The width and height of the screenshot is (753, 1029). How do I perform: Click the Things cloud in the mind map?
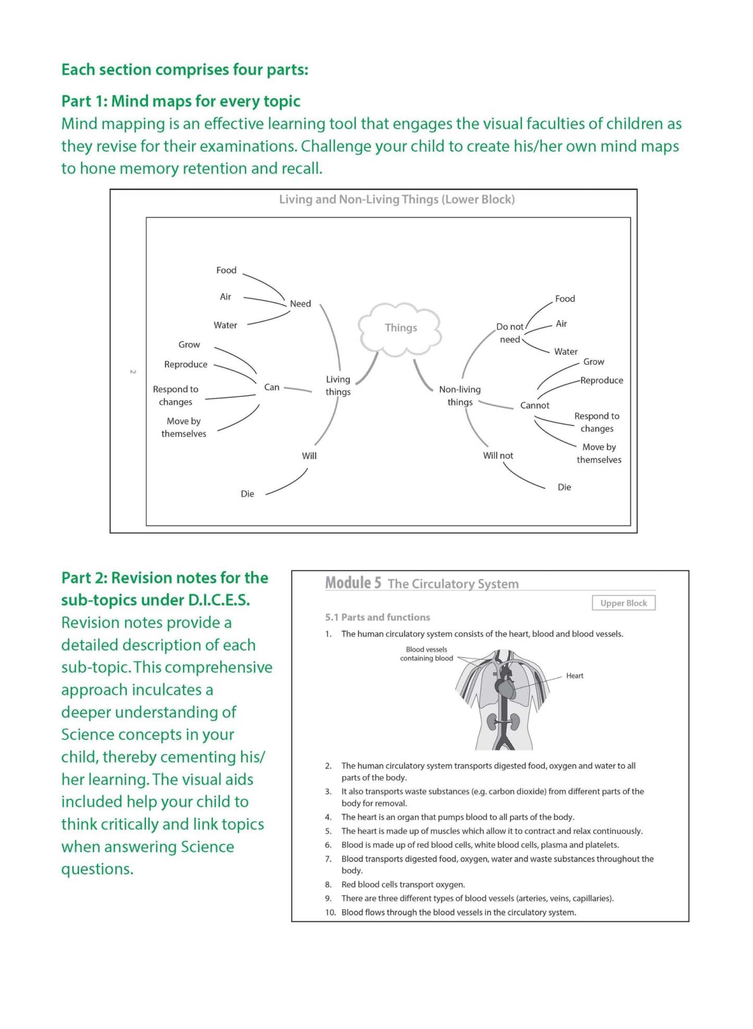[400, 328]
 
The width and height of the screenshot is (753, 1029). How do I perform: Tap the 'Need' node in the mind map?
[300, 304]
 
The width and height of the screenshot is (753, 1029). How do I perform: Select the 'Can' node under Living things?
[271, 387]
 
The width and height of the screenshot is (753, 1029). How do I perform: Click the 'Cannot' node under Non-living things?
[535, 405]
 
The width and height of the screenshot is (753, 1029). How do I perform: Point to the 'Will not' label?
[498, 455]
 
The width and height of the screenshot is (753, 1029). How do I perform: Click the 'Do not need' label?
[510, 333]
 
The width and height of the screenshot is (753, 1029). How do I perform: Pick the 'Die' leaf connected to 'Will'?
[248, 494]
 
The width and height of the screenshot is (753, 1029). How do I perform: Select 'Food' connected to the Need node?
[226, 270]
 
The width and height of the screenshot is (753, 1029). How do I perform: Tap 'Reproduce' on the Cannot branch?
[601, 380]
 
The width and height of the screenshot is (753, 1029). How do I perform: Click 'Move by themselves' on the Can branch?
[183, 427]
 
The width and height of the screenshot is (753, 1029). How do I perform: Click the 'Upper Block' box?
[623, 603]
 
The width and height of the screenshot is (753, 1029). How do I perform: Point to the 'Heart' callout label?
[575, 676]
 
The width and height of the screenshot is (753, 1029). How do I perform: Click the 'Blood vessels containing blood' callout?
[426, 654]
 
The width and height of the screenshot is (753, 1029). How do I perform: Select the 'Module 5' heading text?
[353, 583]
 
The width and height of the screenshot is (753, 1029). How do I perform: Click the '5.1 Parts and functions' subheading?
[377, 617]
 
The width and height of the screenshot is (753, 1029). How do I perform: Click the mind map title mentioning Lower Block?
[397, 200]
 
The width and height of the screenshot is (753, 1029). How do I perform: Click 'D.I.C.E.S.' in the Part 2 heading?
[219, 600]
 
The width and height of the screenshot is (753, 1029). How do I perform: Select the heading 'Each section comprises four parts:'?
[184, 70]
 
